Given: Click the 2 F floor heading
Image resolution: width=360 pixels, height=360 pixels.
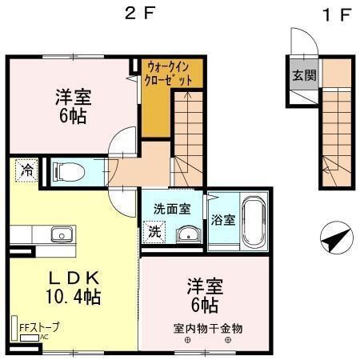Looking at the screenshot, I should click(138, 14).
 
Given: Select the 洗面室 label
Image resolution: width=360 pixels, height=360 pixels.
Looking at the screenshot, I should click(172, 209).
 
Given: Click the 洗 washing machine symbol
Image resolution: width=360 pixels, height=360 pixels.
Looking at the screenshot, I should click(154, 233).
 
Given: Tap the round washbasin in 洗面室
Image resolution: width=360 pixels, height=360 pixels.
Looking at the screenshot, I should click(187, 234).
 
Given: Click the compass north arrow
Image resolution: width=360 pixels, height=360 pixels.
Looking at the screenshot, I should click(336, 238).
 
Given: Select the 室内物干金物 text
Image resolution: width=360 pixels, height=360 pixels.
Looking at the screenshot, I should click(207, 328).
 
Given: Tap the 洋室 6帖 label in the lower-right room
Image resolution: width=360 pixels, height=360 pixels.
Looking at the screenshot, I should click(206, 295).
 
